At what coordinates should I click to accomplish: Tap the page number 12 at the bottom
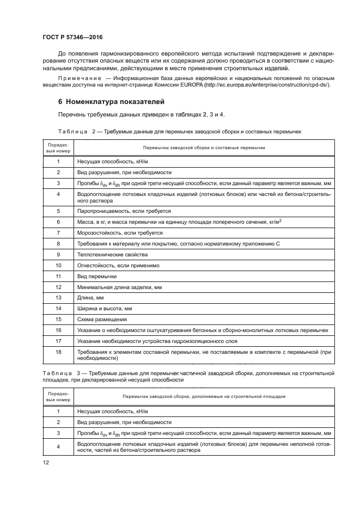pyautogui.click(x=46, y=462)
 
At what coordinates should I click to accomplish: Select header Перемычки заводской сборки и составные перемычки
pyautogui.click(x=204, y=148)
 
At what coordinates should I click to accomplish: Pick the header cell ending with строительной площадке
pyautogui.click(x=204, y=396)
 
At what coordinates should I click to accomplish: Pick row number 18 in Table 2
pyautogui.click(x=58, y=352)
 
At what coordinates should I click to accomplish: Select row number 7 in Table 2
pyautogui.click(x=58, y=232)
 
